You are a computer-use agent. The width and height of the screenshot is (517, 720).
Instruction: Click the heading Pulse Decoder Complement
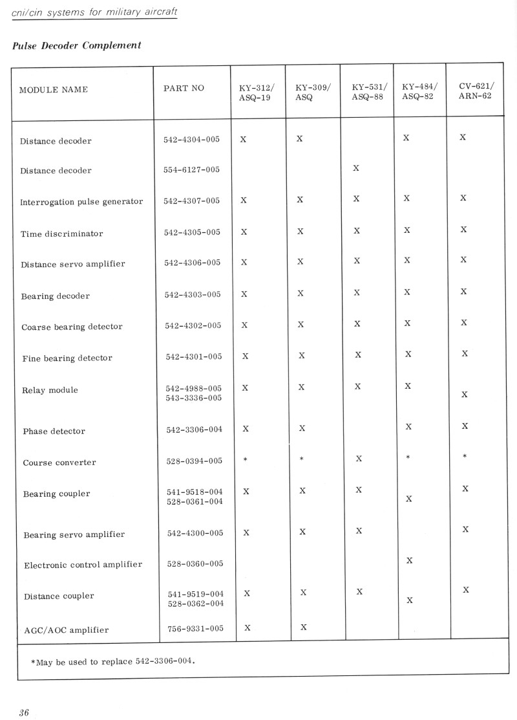(x=76, y=46)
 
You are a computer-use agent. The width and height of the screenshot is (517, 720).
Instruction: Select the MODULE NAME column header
(x=54, y=89)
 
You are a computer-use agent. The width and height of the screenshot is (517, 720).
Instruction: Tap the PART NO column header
(x=184, y=88)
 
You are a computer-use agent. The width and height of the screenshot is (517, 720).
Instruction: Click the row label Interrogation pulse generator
(x=81, y=202)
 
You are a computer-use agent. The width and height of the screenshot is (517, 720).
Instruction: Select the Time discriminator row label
(x=61, y=234)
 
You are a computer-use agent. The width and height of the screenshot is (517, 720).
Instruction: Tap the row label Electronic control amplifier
(x=83, y=565)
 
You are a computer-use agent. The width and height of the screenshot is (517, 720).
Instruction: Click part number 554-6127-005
(x=191, y=170)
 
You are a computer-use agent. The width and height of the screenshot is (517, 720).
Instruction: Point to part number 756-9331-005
(x=195, y=628)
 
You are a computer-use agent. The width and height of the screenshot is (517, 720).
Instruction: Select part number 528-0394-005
(x=195, y=461)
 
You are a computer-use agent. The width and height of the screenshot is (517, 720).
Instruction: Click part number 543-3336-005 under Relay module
(x=194, y=398)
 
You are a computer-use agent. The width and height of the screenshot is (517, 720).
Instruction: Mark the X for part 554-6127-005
(x=356, y=169)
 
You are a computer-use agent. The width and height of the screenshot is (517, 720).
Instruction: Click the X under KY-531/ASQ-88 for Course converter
(x=359, y=459)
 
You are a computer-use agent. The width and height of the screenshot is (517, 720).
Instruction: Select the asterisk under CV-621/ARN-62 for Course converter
(x=465, y=457)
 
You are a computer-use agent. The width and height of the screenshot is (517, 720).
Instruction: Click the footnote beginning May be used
(x=112, y=662)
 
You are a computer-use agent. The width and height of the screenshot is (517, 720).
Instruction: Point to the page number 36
(x=24, y=713)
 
